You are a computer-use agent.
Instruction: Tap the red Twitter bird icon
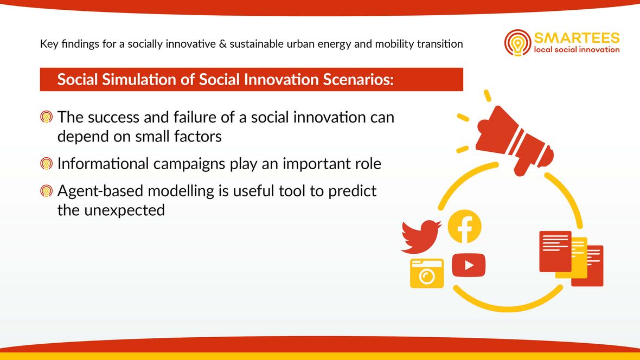click(x=421, y=236)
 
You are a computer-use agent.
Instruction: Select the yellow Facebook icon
click(x=464, y=226)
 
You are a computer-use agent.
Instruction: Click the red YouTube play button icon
click(x=469, y=265)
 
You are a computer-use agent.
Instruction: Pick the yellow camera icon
click(x=427, y=273)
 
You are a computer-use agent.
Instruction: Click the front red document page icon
click(x=555, y=251)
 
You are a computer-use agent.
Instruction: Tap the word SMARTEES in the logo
click(x=577, y=38)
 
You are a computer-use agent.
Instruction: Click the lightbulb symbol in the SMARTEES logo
click(x=517, y=43)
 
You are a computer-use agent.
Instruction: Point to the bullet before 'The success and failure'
click(x=47, y=117)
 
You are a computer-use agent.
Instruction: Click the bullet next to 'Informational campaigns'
click(x=47, y=164)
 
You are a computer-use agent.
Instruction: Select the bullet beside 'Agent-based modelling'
click(x=47, y=191)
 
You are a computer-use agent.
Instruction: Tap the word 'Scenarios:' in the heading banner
click(x=358, y=79)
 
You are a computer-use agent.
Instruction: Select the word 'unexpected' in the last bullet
click(x=125, y=210)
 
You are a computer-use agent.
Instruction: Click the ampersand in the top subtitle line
click(x=222, y=44)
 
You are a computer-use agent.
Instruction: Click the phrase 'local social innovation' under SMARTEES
click(x=577, y=49)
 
